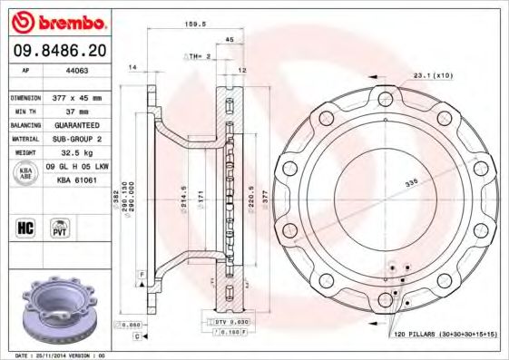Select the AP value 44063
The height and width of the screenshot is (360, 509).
point(78,71)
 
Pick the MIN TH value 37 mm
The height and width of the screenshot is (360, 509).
point(76,111)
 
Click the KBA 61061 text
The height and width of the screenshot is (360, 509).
point(77,181)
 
